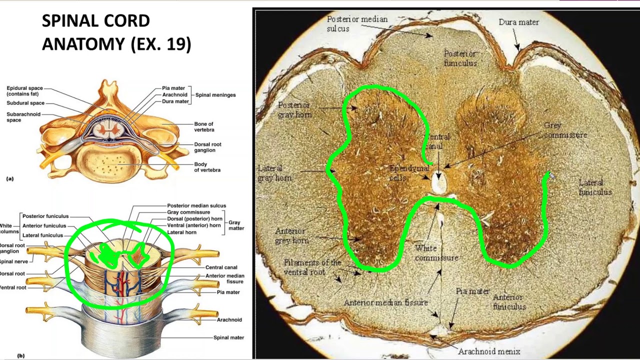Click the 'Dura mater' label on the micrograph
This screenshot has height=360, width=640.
click(518, 22)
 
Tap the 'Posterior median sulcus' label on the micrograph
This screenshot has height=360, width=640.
click(350, 24)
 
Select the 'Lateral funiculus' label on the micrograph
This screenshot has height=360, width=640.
click(594, 187)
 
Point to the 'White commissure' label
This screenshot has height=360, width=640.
click(436, 253)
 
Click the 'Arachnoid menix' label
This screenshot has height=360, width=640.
click(489, 351)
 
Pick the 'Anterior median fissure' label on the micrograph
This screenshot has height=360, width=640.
click(385, 302)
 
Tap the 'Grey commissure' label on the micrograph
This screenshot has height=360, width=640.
click(565, 130)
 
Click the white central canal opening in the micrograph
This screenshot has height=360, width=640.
click(439, 183)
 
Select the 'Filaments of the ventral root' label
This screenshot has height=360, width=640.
click(312, 267)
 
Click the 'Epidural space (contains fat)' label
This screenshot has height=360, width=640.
click(24, 91)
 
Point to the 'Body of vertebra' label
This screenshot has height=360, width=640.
click(207, 167)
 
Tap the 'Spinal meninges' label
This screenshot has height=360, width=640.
click(215, 95)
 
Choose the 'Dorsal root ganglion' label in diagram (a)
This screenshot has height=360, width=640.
click(207, 147)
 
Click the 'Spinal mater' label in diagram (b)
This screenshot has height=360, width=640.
click(228, 337)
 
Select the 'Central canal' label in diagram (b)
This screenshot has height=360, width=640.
click(221, 267)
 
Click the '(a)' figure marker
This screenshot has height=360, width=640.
click(10, 178)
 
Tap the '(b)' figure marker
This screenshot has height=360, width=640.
click(20, 355)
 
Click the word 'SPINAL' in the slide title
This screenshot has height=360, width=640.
click(68, 21)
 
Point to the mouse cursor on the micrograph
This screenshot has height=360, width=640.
click(550, 175)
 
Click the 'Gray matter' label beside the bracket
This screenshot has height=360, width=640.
click(236, 225)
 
